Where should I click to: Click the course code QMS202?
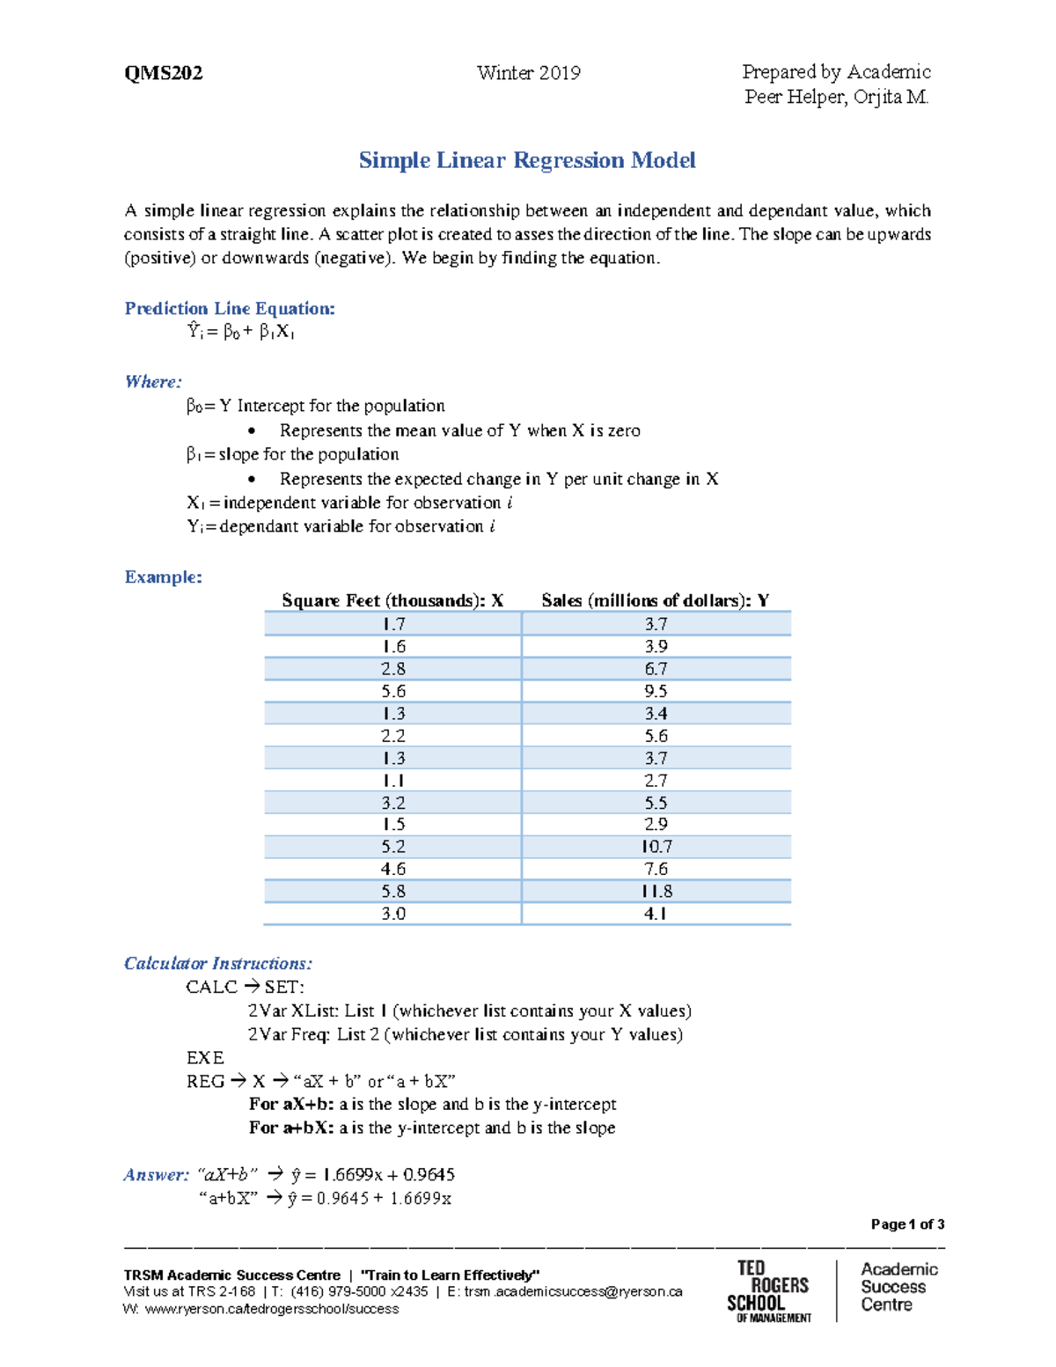click(x=164, y=73)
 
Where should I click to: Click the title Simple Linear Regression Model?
click(x=527, y=160)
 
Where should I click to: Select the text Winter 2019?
click(x=528, y=73)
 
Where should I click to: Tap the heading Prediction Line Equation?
click(x=230, y=308)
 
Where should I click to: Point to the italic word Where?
click(x=153, y=381)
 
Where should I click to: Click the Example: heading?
click(x=164, y=577)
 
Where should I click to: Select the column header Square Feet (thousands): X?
click(x=392, y=600)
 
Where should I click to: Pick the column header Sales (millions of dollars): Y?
click(x=656, y=600)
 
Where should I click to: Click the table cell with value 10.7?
click(x=656, y=847)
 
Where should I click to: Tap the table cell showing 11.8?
click(x=656, y=891)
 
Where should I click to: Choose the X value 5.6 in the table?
click(x=393, y=691)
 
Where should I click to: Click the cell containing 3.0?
click(x=393, y=914)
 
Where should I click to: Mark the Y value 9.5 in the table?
click(x=656, y=691)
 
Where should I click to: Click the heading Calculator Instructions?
click(x=218, y=963)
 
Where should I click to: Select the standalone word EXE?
click(x=205, y=1057)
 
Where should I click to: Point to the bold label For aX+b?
click(x=291, y=1104)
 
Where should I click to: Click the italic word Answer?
click(x=156, y=1174)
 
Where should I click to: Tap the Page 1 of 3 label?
click(x=907, y=1224)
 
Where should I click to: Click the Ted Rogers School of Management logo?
click(x=767, y=1290)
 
